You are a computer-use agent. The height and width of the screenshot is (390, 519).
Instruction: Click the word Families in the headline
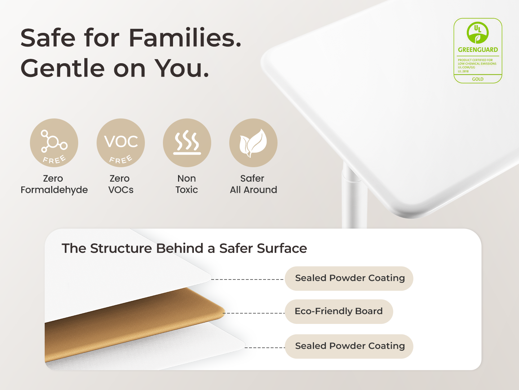pos(185,38)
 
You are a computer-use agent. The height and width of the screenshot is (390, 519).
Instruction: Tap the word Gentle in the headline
pos(62,69)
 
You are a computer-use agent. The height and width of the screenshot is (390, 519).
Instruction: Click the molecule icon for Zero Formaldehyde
pos(54,143)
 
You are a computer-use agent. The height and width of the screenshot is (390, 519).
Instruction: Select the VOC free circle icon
pos(121,143)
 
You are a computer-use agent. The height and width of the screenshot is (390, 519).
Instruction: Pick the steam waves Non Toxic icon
pos(187,143)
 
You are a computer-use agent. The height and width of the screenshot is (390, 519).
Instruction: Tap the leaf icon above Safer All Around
pos(253,143)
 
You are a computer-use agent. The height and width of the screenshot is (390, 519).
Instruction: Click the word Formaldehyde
pos(54,190)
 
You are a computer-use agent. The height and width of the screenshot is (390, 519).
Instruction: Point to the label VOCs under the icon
pos(121,190)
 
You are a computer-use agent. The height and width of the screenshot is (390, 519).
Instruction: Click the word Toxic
pos(187,190)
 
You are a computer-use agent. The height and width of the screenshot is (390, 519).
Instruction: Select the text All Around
pos(253,190)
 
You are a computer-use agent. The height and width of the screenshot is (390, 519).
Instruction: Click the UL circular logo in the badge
pos(478,32)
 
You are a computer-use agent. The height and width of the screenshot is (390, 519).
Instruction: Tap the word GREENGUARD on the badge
pos(478,50)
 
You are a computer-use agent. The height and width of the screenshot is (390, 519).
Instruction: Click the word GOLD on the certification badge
pos(478,79)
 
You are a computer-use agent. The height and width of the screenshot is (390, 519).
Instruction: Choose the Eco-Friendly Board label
pos(338,311)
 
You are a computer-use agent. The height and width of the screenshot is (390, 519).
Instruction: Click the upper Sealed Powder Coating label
pos(349,278)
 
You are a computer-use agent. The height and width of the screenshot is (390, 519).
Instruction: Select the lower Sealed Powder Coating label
pos(349,346)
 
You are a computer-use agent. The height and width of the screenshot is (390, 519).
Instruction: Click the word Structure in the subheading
pos(121,248)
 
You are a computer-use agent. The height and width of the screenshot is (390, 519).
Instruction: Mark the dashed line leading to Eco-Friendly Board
pos(254,313)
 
